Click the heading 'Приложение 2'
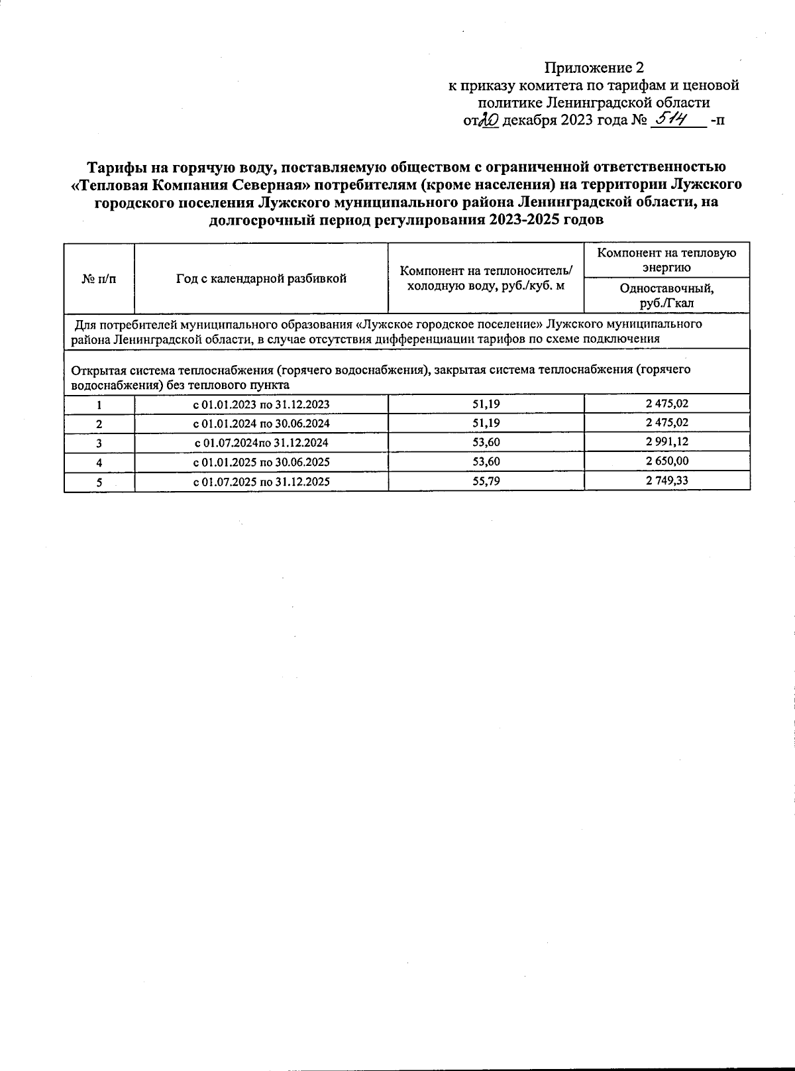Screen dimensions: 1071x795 click(x=594, y=68)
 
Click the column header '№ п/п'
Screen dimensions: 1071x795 click(x=99, y=278)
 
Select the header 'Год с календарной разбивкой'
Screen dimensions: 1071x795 click(x=261, y=278)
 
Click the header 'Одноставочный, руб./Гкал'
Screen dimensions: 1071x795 click(x=666, y=296)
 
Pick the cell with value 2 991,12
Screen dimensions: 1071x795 click(x=667, y=442)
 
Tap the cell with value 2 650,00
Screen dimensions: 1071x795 click(x=667, y=461)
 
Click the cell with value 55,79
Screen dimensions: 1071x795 click(x=486, y=481)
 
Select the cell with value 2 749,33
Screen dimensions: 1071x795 click(x=667, y=480)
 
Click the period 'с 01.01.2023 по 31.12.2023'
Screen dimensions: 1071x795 click(x=261, y=404)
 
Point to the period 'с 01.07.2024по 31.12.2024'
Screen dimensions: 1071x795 click(x=261, y=443)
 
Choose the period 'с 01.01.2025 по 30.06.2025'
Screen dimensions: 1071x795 click(x=261, y=462)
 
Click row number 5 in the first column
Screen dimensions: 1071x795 click(x=99, y=482)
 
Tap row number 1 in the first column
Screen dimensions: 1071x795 click(x=99, y=404)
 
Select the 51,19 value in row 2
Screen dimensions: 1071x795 click(x=486, y=423)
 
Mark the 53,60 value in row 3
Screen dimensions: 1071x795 click(x=486, y=442)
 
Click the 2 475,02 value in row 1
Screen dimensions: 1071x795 click(x=667, y=403)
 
